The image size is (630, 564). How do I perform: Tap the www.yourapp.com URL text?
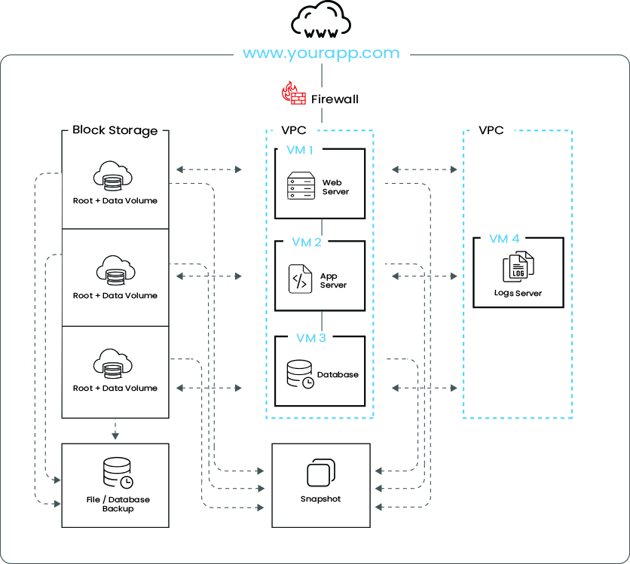(x=321, y=53)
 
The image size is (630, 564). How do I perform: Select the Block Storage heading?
(x=115, y=130)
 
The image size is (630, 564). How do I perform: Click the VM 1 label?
(x=300, y=149)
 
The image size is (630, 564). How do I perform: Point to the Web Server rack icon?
(x=301, y=186)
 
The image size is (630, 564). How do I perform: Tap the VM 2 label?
(x=307, y=242)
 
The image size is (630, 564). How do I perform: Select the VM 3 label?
(x=311, y=337)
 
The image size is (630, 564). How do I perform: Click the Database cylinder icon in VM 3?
(x=299, y=374)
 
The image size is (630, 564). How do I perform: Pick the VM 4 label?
(x=504, y=239)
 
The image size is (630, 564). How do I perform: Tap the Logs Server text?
(x=518, y=293)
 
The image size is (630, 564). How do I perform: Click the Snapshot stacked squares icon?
(x=320, y=474)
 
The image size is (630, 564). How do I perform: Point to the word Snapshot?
(x=320, y=499)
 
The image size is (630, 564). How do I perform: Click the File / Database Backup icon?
(x=117, y=471)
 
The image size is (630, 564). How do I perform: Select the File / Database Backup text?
(x=116, y=504)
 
